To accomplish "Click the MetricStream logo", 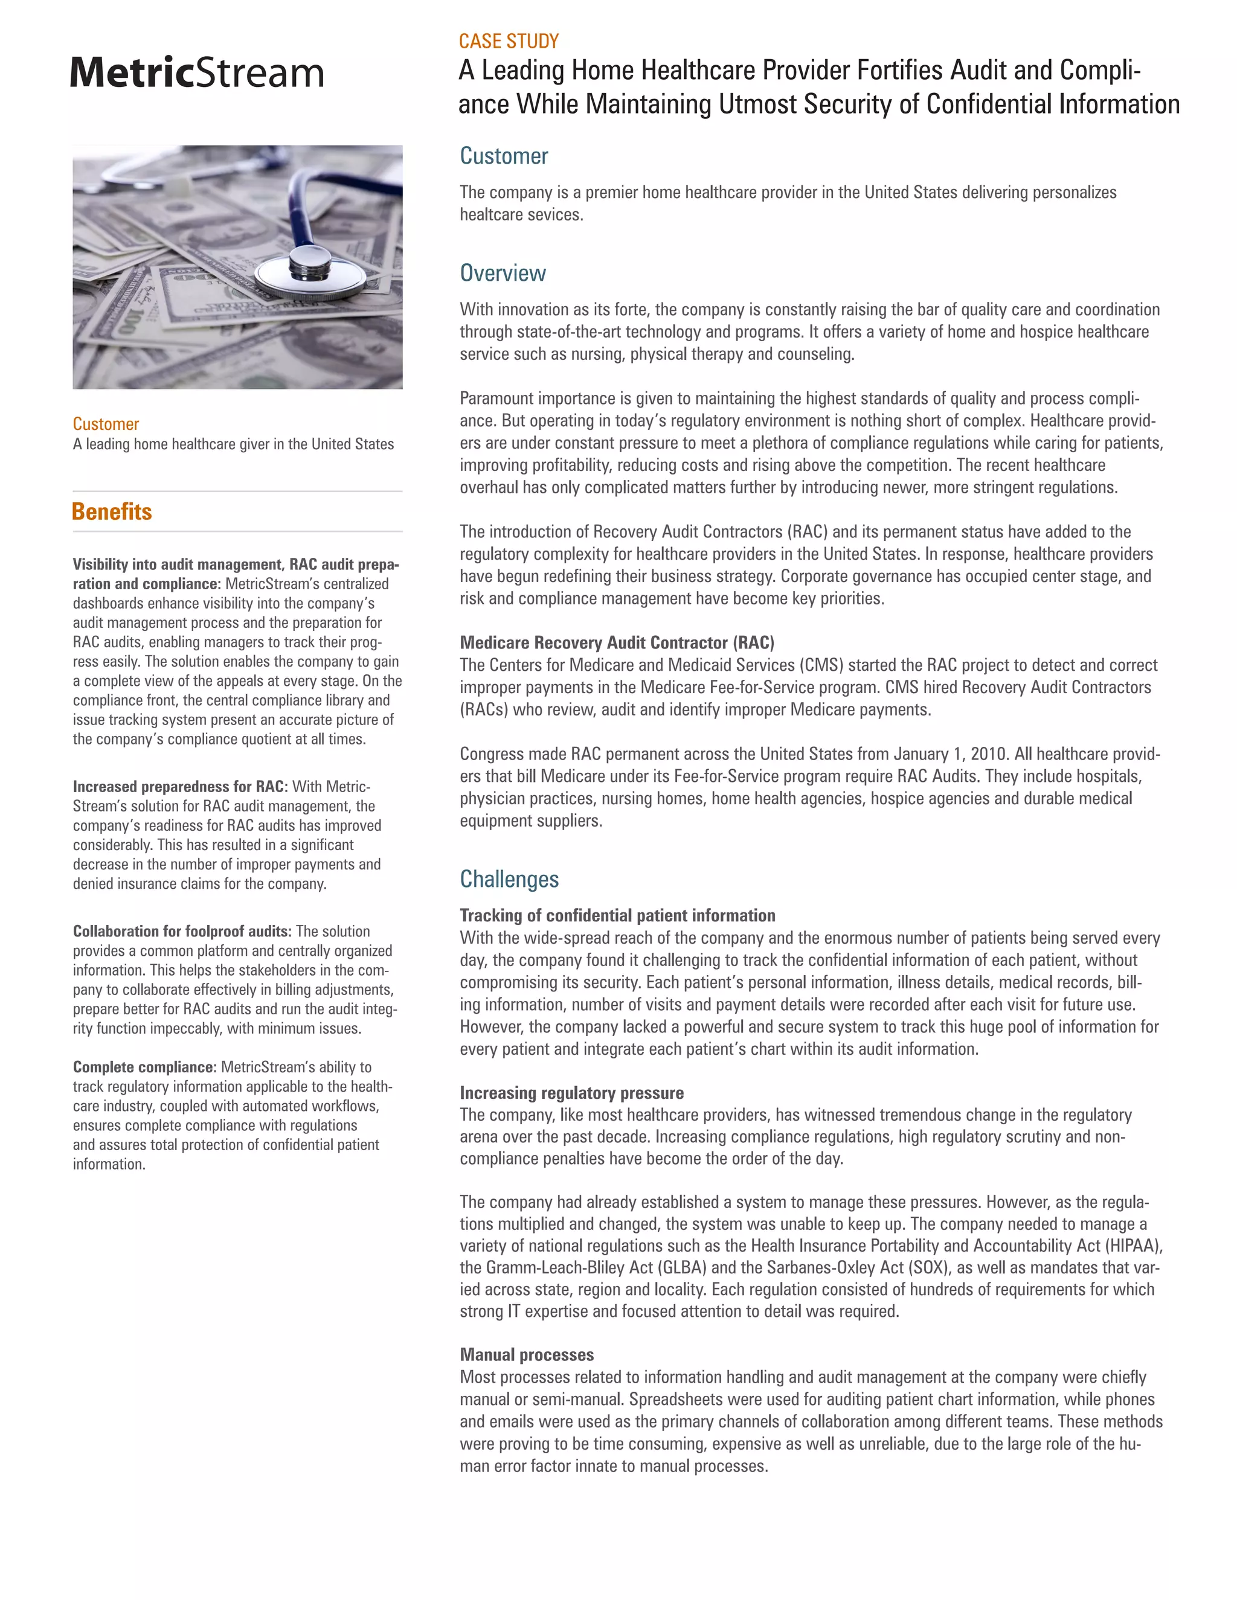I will tap(196, 72).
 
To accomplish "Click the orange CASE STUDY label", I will tap(509, 41).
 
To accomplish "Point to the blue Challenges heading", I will tap(509, 879).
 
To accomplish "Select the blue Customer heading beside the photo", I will tap(504, 156).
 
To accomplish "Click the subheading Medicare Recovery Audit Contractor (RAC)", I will tap(616, 642).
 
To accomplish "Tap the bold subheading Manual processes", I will tap(526, 1355).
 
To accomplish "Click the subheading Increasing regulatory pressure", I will tap(571, 1092).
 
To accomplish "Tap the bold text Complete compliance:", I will tap(144, 1067).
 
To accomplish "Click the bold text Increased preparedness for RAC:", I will tap(179, 786).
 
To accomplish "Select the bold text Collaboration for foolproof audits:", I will tap(182, 931).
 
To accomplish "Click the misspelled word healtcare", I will tap(489, 215).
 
